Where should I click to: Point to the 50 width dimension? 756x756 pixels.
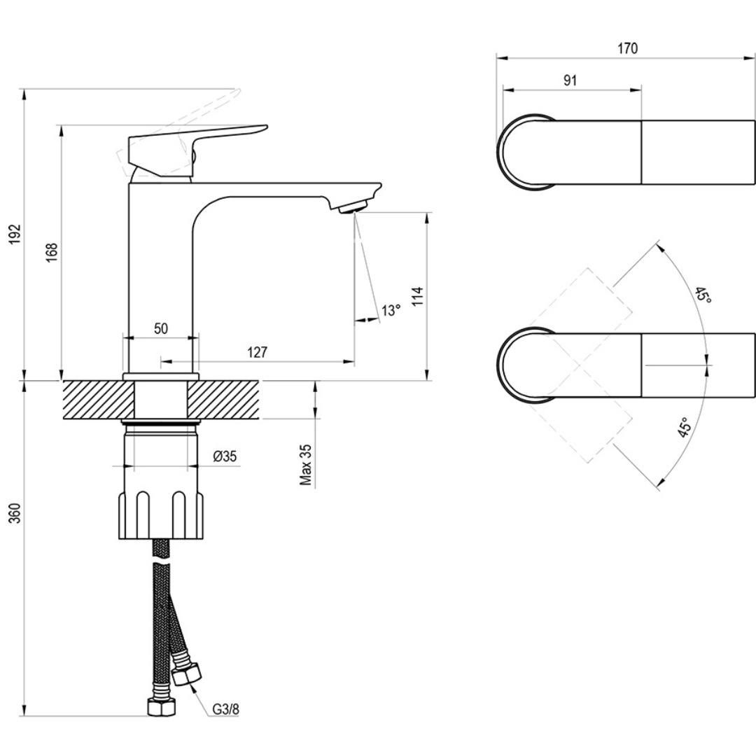[x=161, y=329]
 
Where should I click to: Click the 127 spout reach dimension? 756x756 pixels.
[x=257, y=353]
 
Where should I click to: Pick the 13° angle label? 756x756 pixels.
[x=391, y=309]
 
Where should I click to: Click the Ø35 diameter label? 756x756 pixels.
[x=225, y=456]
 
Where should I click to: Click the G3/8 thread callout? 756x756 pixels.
[x=226, y=708]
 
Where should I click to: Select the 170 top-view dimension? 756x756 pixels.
[x=627, y=48]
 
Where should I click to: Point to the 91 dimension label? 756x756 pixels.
[x=570, y=80]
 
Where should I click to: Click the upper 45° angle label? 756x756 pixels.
[x=703, y=295]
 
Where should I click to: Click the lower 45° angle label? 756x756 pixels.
[x=685, y=428]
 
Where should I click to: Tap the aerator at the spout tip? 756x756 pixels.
[x=351, y=206]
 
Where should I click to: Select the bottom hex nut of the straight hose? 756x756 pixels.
[x=161, y=707]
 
